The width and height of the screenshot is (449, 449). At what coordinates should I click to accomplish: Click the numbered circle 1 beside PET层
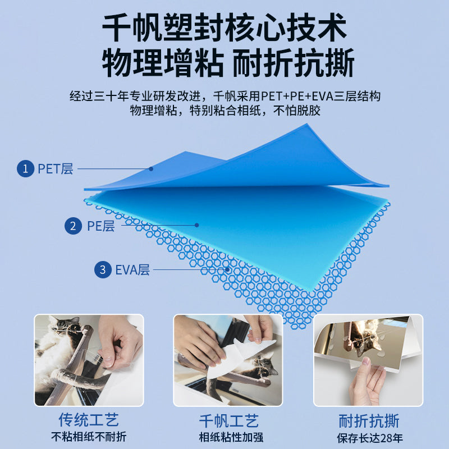25,168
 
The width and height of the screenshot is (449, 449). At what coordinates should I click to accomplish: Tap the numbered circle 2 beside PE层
73,226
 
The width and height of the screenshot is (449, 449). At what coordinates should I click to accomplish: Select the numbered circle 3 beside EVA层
103,269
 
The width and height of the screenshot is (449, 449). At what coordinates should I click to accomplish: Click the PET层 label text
56,169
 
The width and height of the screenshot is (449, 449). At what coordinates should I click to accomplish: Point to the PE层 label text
101,226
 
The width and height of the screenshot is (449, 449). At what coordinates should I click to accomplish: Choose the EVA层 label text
132,270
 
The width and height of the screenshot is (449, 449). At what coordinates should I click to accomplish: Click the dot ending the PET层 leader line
151,169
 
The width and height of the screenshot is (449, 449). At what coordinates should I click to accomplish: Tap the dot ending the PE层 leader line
197,225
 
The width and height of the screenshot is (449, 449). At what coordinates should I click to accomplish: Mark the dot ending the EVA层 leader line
227,269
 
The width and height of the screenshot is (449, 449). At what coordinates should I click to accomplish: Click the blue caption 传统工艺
89,420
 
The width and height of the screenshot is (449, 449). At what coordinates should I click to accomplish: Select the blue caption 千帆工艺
228,420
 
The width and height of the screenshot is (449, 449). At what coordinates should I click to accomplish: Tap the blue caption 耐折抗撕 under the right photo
369,420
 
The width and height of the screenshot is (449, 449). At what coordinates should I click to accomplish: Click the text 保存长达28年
370,438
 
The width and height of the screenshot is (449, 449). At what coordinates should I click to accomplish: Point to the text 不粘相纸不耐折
89,437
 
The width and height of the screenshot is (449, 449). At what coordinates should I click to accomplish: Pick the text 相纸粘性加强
231,437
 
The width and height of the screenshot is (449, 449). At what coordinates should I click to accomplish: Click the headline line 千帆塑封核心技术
224,28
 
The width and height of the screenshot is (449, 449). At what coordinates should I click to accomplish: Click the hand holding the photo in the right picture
367,382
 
